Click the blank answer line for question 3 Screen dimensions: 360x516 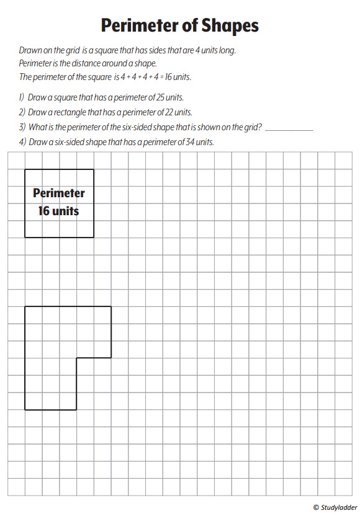[x=289, y=129]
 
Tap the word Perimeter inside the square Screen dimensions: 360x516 [x=59, y=193]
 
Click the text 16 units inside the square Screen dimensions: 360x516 [x=58, y=211]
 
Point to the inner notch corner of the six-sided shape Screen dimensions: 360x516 [x=76, y=358]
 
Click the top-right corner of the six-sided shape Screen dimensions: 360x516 [x=111, y=306]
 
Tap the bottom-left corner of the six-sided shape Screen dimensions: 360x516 [x=25, y=409]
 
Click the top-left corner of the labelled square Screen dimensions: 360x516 [x=25, y=169]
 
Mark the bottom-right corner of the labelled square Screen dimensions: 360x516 [x=94, y=238]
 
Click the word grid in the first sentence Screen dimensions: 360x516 [x=71, y=50]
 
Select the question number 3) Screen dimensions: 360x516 [x=22, y=127]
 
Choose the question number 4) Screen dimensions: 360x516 [x=22, y=142]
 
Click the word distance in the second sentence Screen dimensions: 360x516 [x=79, y=63]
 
